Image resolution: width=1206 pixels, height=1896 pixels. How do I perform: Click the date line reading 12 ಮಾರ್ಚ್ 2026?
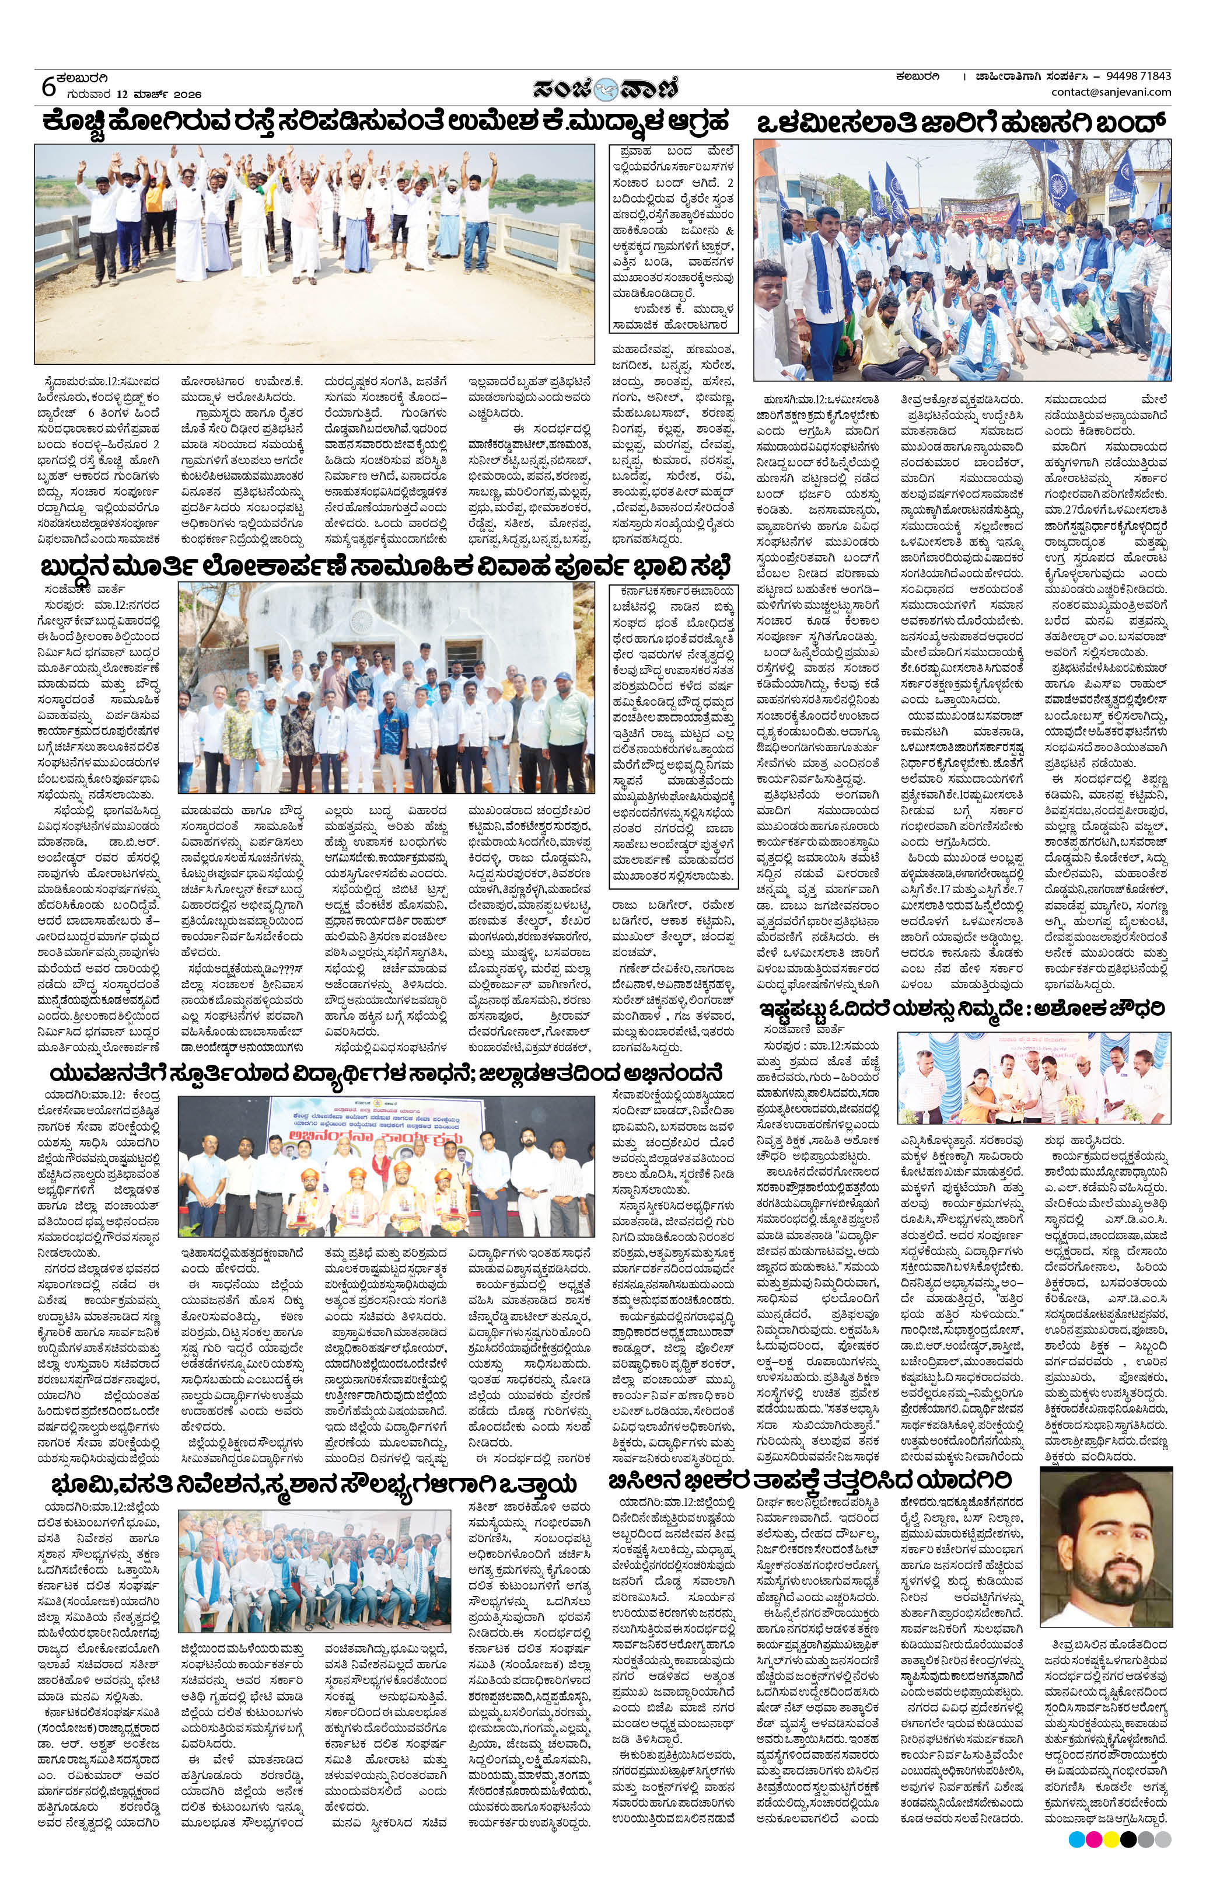[128, 93]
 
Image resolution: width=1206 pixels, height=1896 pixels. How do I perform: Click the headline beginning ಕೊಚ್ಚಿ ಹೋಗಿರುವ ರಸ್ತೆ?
[386, 124]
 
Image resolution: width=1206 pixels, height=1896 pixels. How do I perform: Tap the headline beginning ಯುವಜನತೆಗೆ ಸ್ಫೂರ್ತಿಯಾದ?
[386, 1074]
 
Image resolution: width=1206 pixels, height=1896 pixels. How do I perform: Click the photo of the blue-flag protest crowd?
[962, 260]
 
